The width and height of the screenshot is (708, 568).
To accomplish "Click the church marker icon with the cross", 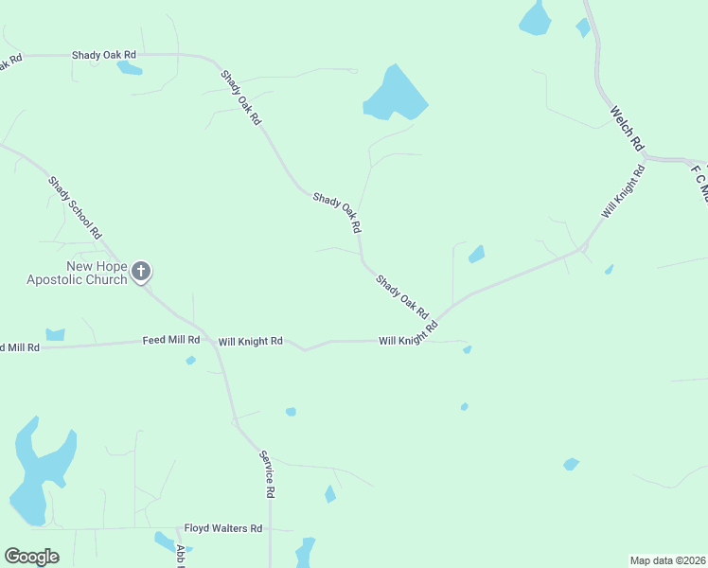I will point(141,273).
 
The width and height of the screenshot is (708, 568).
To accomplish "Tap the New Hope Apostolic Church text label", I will point(77,273).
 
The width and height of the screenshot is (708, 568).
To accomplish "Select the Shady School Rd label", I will point(75,206).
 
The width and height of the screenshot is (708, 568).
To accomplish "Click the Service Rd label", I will point(268,474).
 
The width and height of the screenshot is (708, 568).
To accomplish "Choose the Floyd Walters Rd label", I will point(222,528).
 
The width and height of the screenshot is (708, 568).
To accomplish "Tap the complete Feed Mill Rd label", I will point(171,340).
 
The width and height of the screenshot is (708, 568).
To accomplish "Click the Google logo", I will point(31,557).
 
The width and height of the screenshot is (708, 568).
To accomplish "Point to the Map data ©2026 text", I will point(667,560).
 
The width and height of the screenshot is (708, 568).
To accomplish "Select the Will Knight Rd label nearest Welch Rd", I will point(623,192).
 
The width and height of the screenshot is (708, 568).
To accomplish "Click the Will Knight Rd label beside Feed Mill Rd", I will point(251,341).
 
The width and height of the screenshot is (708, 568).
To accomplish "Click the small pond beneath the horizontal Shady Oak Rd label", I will point(128,67).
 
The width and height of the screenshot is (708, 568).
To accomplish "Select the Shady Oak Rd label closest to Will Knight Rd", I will point(402,296).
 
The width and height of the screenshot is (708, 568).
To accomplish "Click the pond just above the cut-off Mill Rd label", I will point(55,334).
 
